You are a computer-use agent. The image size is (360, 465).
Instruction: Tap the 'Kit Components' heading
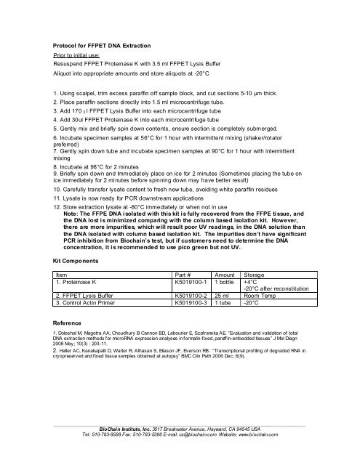click(x=78, y=259)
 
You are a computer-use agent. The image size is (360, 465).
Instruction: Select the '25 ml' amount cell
click(x=222, y=296)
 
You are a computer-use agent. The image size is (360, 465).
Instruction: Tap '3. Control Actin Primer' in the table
click(x=89, y=303)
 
